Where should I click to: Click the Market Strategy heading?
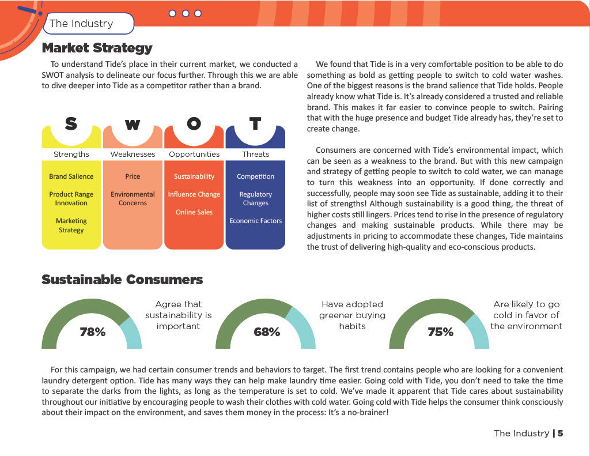(x=97, y=48)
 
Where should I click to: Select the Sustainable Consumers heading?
(x=122, y=280)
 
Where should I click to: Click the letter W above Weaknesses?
(x=133, y=125)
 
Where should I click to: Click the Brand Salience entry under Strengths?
(x=71, y=176)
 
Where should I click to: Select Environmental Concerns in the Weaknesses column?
(x=133, y=199)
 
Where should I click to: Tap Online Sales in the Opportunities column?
(x=194, y=212)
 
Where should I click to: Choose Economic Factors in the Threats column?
(x=255, y=221)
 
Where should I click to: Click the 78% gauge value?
(x=92, y=332)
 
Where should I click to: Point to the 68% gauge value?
(x=267, y=332)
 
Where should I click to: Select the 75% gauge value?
(x=440, y=332)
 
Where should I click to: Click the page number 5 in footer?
(x=560, y=434)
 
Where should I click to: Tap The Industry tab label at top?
(x=81, y=24)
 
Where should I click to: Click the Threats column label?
(x=255, y=154)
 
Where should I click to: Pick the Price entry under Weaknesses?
(x=133, y=176)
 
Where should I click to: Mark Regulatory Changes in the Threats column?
(x=255, y=199)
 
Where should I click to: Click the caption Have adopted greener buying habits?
(x=352, y=315)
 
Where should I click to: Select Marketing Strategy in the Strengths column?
(x=71, y=225)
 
